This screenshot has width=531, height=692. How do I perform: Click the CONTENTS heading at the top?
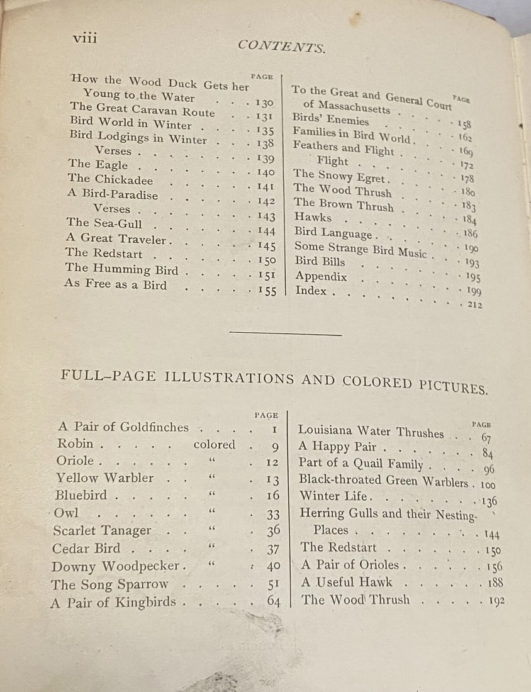click(x=282, y=45)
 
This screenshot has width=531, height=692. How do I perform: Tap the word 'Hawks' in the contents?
click(x=313, y=217)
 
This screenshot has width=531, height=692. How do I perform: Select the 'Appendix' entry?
click(x=321, y=276)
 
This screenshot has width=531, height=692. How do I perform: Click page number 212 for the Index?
click(x=475, y=304)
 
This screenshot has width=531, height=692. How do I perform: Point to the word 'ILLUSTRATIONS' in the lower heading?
click(x=229, y=378)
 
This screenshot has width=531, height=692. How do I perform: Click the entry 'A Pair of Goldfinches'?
click(x=123, y=427)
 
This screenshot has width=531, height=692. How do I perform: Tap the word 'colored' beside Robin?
click(x=215, y=444)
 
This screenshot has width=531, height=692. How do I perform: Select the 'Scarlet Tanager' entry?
click(x=102, y=531)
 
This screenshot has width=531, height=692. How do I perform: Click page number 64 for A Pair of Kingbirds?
click(x=273, y=601)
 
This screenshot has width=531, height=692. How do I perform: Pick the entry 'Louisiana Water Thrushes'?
click(x=371, y=432)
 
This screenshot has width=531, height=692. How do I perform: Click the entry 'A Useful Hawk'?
click(x=346, y=582)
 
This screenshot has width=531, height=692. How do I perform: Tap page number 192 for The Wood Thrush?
click(x=496, y=601)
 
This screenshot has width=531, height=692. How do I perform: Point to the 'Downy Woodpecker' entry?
click(x=116, y=566)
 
